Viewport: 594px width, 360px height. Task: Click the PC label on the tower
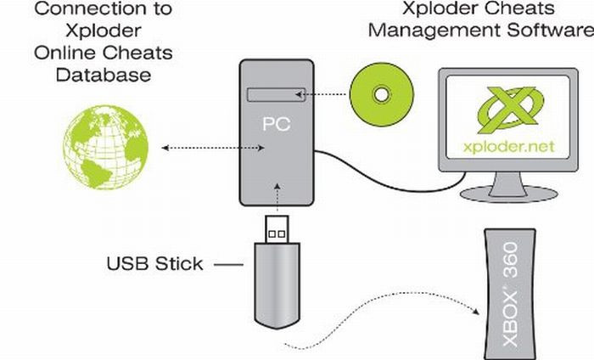[x=275, y=125]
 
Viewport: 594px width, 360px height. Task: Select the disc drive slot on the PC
[x=275, y=93]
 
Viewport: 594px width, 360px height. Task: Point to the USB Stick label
[x=154, y=263]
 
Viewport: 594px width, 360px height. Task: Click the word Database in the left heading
[x=104, y=75]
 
